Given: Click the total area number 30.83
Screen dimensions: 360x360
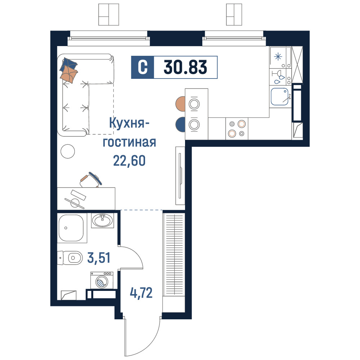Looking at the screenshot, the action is (x=185, y=67).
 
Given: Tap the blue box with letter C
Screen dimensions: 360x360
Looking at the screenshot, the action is (x=142, y=67).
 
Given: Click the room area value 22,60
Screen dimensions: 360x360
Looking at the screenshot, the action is (x=129, y=161).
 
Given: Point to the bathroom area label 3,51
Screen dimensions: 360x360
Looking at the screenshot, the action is (x=99, y=258).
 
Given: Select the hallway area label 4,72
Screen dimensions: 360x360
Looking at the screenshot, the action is (x=141, y=293).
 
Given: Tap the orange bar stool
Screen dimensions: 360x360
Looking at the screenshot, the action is (x=181, y=104).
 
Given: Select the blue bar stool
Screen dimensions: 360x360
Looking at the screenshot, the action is (x=181, y=125).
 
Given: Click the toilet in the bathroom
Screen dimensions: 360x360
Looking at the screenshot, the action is (x=70, y=258).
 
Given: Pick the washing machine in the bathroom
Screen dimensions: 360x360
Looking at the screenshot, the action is (x=102, y=280).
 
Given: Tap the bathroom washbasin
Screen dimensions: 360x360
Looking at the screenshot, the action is (x=103, y=220).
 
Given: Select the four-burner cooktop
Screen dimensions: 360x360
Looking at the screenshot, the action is (x=237, y=129).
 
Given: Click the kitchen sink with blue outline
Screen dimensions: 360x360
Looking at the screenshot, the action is (x=280, y=96).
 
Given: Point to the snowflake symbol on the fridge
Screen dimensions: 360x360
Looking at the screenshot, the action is (x=278, y=56).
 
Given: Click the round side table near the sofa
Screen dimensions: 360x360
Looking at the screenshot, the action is (x=68, y=151).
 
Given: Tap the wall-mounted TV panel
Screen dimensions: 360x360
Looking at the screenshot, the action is (x=180, y=176).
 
